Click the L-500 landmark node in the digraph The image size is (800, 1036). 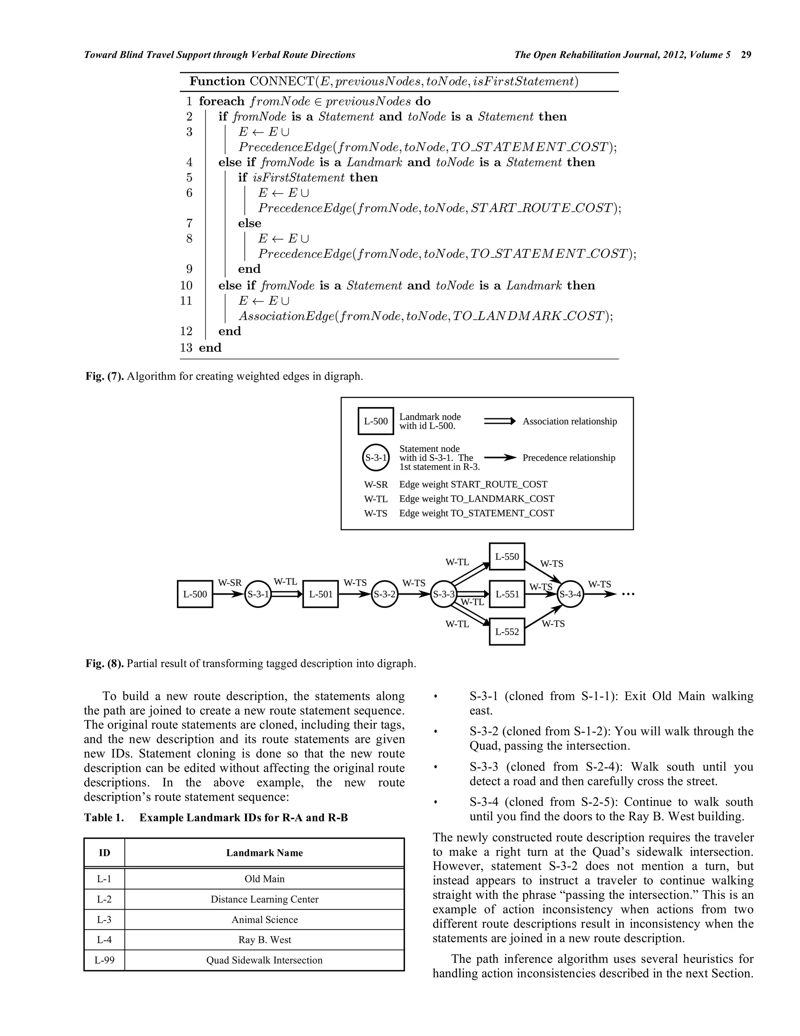pos(195,594)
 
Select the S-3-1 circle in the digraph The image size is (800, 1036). pos(258,594)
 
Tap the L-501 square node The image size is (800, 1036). pos(320,594)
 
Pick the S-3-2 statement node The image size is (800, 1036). pos(384,594)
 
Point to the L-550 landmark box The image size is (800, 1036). pos(507,556)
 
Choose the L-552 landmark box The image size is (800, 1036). pos(507,631)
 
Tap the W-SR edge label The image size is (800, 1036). pos(229,583)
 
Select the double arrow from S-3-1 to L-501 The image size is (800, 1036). pos(287,594)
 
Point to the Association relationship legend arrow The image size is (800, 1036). pos(499,421)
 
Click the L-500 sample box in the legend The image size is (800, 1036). pos(375,421)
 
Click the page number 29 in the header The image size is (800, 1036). pos(746,55)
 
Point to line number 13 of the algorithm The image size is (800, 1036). pos(186,348)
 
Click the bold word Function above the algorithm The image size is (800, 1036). pos(217,82)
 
